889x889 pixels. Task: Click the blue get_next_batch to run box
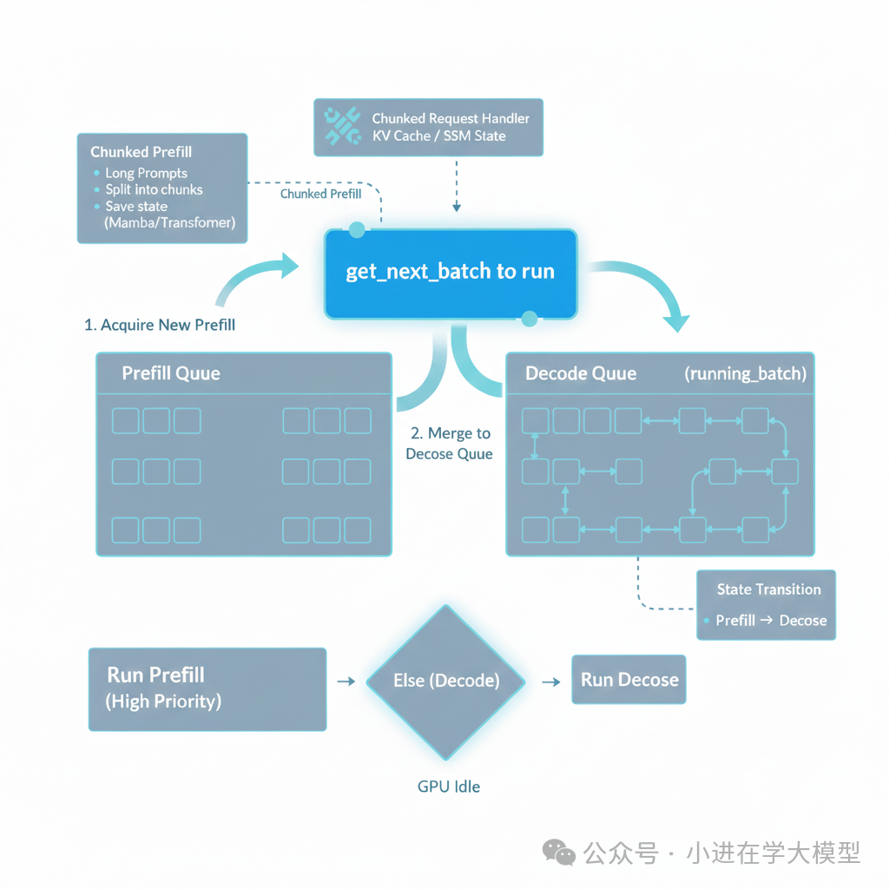(x=450, y=272)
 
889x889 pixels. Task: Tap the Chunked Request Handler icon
(x=341, y=127)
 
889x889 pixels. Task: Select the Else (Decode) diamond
(x=446, y=682)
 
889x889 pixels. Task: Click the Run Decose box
(x=629, y=680)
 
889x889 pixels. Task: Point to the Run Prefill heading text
(x=156, y=675)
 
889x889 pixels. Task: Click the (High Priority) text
(x=163, y=701)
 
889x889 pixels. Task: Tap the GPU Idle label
(x=448, y=787)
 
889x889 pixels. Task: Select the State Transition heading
(x=768, y=589)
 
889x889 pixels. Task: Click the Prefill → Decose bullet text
(x=771, y=621)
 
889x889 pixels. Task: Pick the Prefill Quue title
(x=171, y=373)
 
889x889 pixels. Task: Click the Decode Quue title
(x=581, y=373)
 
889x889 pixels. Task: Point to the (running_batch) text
(x=745, y=373)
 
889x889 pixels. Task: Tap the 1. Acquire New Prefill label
(x=160, y=325)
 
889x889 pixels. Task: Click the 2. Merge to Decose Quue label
(x=450, y=444)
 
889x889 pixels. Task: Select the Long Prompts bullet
(x=146, y=173)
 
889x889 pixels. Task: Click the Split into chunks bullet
(x=154, y=189)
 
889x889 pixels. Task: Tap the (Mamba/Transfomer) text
(x=169, y=222)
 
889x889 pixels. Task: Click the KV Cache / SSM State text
(x=438, y=135)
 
